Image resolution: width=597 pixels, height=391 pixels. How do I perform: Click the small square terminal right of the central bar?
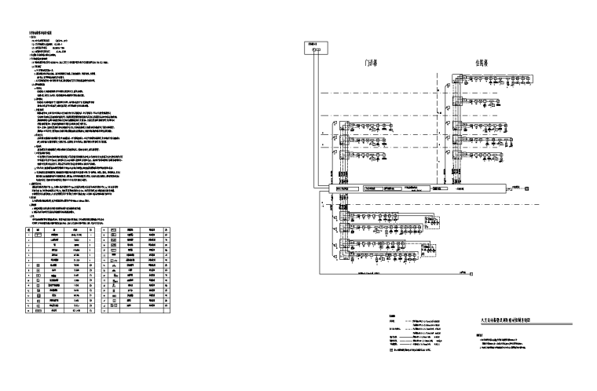(527, 188)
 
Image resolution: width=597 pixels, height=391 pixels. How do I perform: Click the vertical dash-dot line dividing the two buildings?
(438, 126)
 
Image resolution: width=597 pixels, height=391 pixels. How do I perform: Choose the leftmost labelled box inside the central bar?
(343, 188)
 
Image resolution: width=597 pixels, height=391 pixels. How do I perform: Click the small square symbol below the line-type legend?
(392, 349)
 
